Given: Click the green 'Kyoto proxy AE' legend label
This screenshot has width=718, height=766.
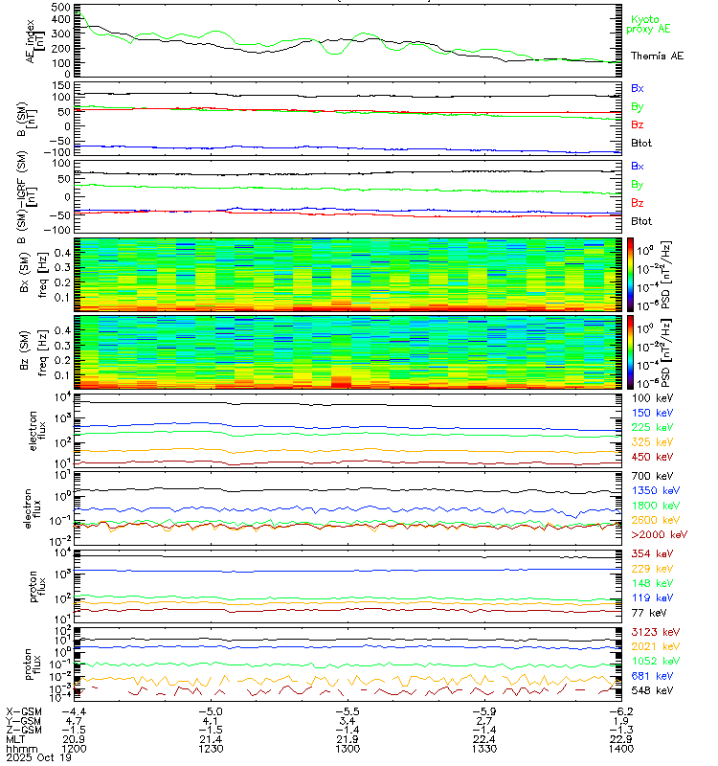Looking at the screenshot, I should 651,24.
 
